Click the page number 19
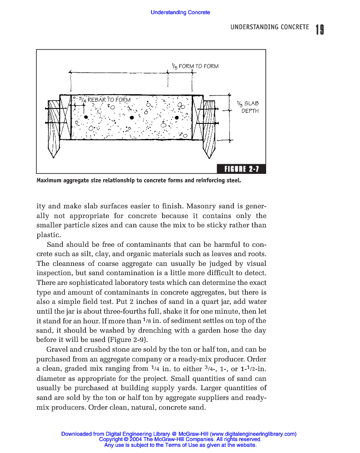click(320, 30)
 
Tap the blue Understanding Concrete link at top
click(180, 12)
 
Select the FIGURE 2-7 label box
click(241, 169)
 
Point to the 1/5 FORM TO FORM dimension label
click(195, 66)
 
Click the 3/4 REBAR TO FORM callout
click(105, 100)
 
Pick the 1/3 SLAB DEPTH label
click(248, 107)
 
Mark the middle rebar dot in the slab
click(132, 118)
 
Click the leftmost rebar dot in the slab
click(86, 118)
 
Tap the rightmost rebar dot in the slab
click(177, 118)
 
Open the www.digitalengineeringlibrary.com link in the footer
click(253, 434)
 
